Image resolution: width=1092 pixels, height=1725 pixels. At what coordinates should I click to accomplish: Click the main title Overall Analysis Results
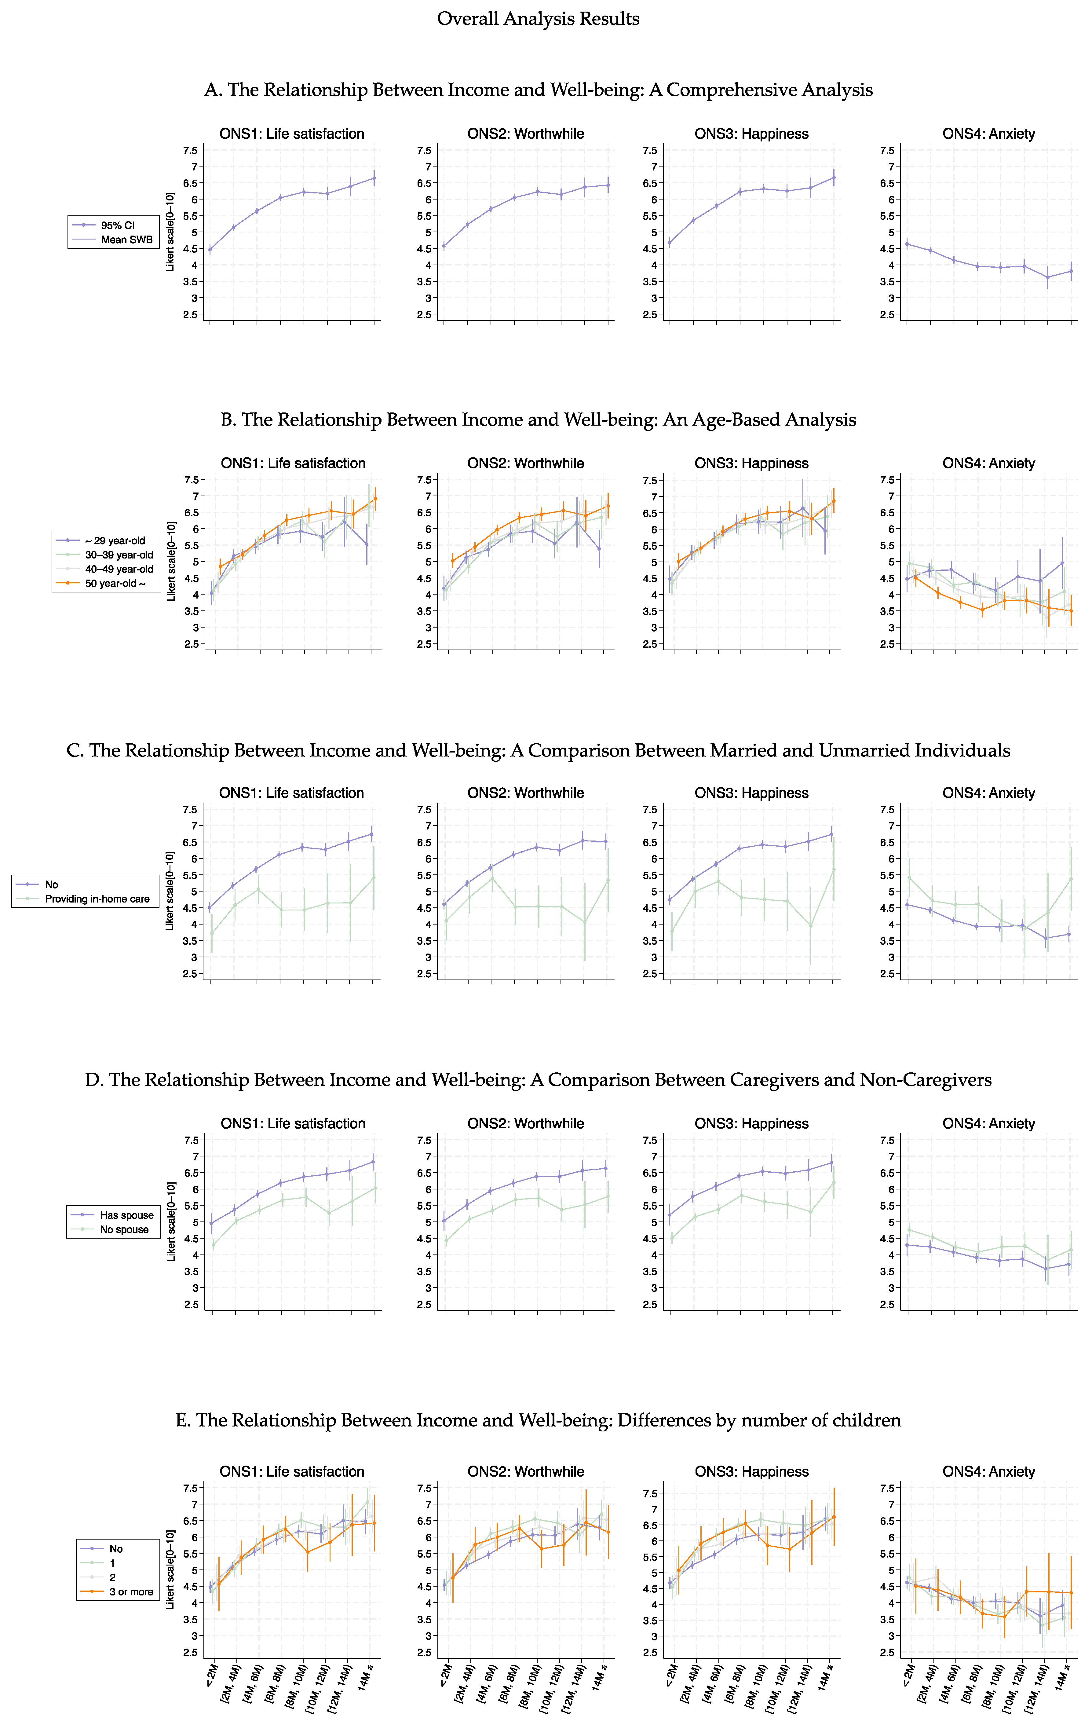point(538,19)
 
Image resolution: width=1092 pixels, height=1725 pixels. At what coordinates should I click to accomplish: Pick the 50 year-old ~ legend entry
point(115,583)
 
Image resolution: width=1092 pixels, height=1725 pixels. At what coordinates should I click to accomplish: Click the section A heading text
point(538,90)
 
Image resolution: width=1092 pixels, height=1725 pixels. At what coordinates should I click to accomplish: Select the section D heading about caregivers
point(538,1079)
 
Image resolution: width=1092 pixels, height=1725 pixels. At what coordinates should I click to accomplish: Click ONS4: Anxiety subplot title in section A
point(988,134)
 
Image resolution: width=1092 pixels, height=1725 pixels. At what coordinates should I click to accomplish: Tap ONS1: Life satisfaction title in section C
point(291,793)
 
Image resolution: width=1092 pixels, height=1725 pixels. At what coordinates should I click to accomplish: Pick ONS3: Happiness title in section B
point(751,463)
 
